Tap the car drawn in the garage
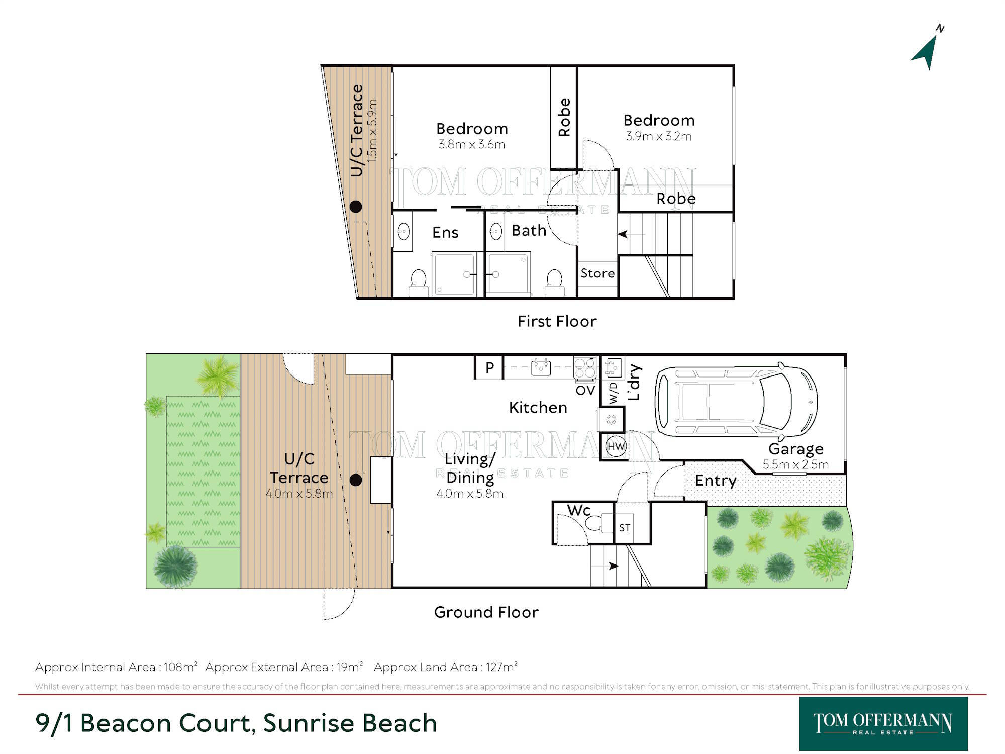[x=736, y=402]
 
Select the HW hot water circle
[x=616, y=446]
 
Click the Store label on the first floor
[x=597, y=273]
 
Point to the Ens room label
[x=445, y=232]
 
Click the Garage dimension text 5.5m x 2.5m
[x=795, y=464]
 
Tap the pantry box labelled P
[x=489, y=367]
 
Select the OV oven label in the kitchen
[x=585, y=390]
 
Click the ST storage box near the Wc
[x=625, y=528]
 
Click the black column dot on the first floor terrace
[x=356, y=206]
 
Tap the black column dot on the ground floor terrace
[x=356, y=480]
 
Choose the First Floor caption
[x=557, y=321]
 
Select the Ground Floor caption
[x=486, y=612]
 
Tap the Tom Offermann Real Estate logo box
[x=883, y=724]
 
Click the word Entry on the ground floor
[x=716, y=481]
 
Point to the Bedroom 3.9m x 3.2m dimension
[x=659, y=136]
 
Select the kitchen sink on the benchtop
[x=541, y=367]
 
